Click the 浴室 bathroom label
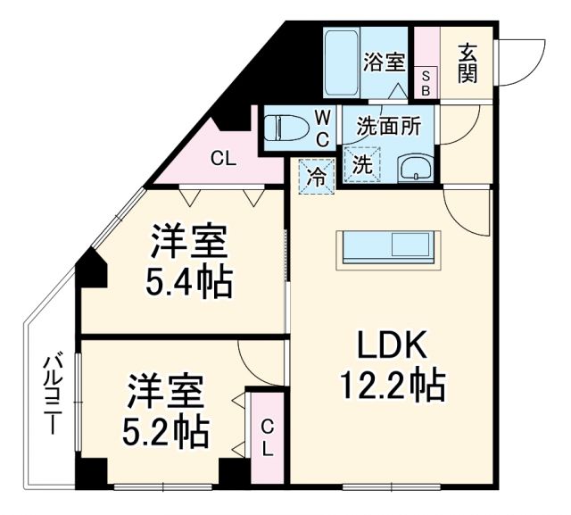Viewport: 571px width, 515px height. coord(385,62)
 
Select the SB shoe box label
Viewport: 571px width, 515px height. coord(426,83)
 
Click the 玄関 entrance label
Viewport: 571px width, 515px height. coord(468,63)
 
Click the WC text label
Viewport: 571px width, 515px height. coord(324,127)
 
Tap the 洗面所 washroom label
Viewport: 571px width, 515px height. coord(389,126)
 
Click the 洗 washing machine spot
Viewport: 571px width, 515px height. coord(361,165)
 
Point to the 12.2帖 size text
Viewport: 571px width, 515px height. coord(392,385)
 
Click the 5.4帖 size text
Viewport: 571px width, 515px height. coord(188,284)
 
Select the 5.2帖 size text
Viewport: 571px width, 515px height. coord(166,433)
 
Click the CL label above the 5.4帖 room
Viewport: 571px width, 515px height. coord(223,160)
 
